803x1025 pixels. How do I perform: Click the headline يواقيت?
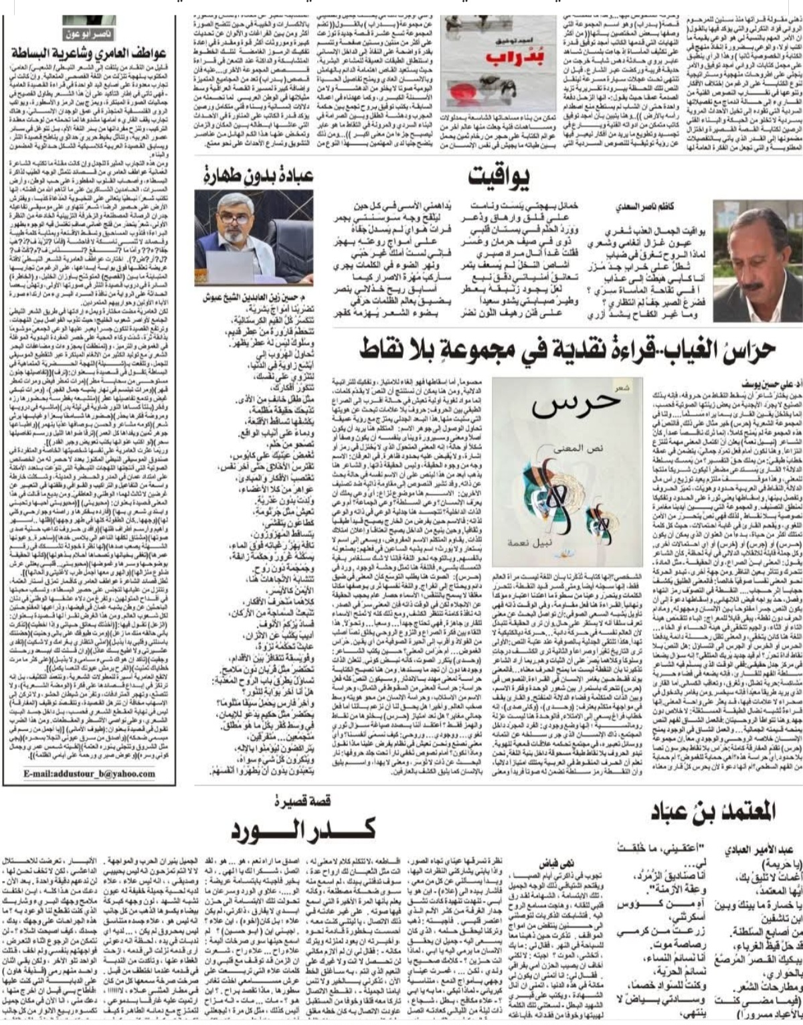498,176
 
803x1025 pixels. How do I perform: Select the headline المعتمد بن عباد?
713,811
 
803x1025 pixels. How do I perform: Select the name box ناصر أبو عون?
89,33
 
